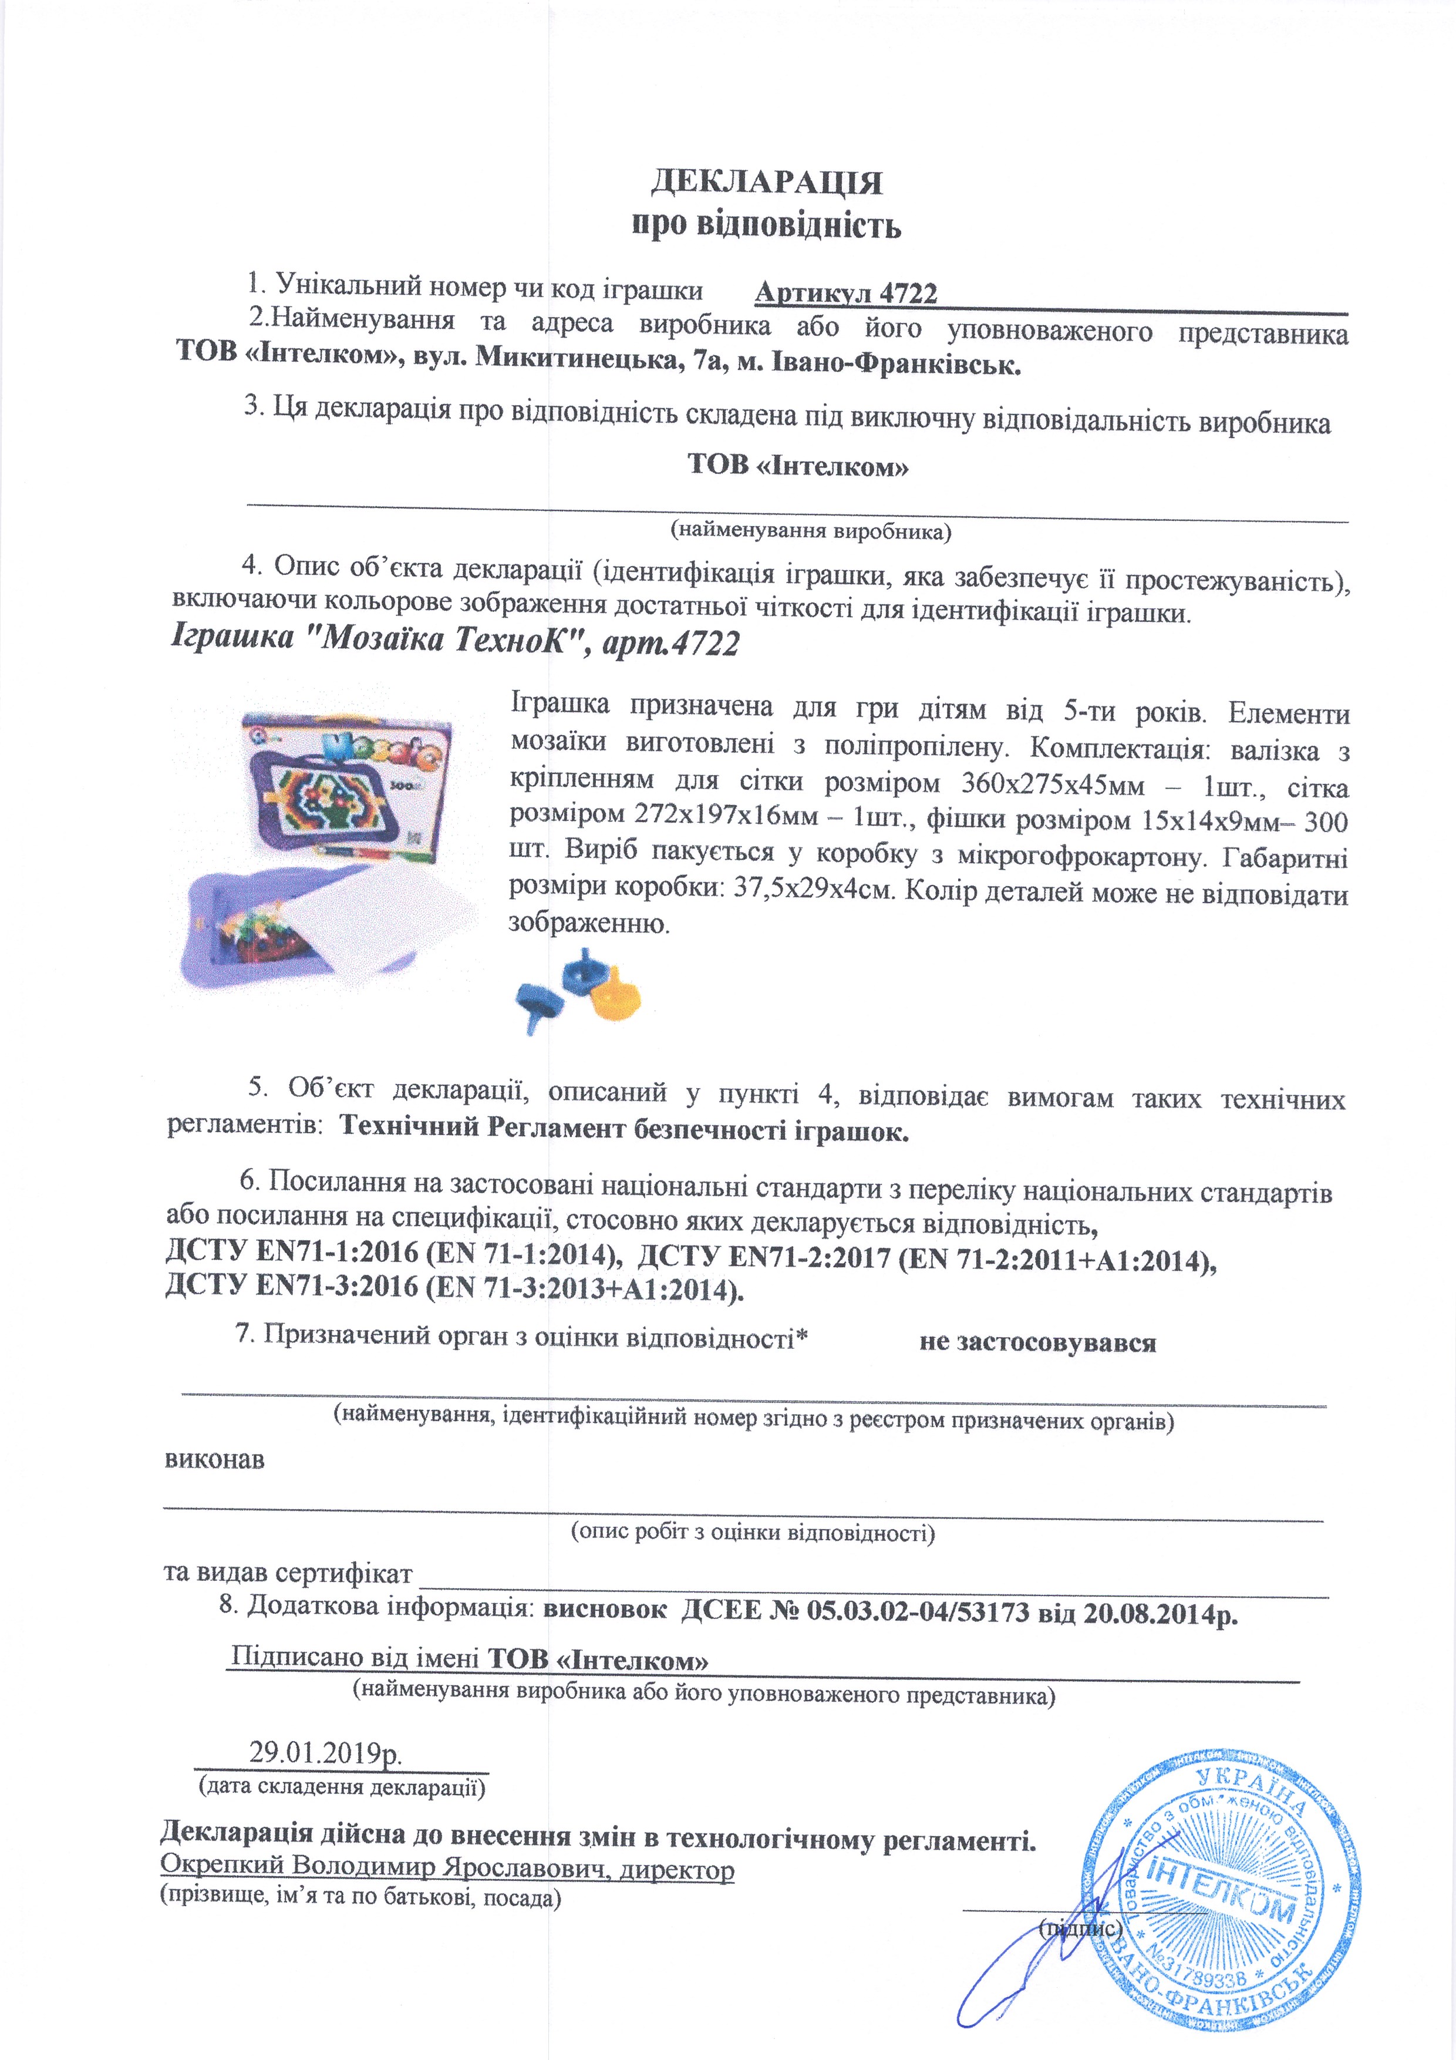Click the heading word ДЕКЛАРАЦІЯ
pyautogui.click(x=766, y=183)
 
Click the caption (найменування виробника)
pyautogui.click(x=810, y=531)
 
